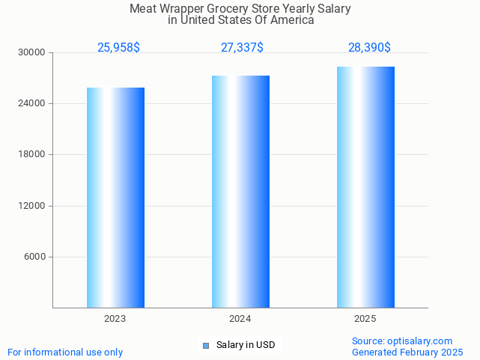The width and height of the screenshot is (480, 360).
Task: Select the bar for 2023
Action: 115,198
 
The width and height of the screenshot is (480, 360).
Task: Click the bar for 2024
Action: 240,192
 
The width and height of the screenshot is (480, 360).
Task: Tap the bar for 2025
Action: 365,187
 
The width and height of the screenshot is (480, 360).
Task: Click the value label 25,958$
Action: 118,48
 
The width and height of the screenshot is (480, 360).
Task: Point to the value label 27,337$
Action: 242,48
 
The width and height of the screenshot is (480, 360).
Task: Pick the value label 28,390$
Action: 369,48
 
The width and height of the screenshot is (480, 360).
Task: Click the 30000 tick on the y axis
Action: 33,52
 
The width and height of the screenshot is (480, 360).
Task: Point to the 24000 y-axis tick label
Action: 33,103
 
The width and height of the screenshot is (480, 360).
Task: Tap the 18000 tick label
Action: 33,154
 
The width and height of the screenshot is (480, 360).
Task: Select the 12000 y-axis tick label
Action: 33,206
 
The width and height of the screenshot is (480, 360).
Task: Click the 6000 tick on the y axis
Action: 35,257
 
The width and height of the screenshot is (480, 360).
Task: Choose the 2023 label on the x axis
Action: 115,319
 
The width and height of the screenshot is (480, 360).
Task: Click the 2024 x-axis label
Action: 240,319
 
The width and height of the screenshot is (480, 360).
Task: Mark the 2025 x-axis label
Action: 365,319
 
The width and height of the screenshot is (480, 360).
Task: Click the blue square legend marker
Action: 206,345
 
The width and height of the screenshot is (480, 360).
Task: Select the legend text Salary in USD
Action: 246,345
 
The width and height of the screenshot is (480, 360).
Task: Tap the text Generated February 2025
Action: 407,352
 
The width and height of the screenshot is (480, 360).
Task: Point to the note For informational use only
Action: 65,352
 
